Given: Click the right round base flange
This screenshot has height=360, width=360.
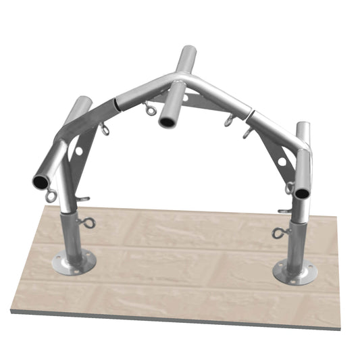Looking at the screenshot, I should click(295, 272).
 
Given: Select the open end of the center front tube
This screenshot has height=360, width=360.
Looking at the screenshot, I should click(166, 122).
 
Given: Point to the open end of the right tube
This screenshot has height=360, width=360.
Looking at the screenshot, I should click(301, 193).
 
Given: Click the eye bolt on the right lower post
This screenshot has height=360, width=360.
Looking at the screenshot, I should click(279, 233).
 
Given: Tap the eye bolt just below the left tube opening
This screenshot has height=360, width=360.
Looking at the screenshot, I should click(51, 197).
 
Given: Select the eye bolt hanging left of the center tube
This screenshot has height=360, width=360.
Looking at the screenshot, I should click(149, 108).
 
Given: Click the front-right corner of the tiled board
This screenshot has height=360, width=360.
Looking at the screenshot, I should click(340, 329).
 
